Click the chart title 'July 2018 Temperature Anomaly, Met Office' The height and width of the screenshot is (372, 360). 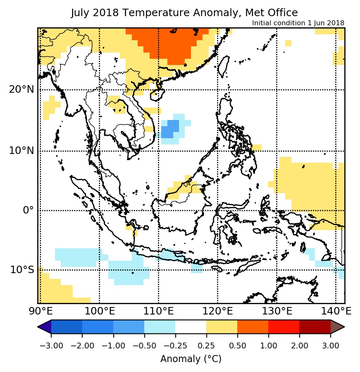pos(184,13)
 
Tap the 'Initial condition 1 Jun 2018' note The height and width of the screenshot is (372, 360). pos(298,23)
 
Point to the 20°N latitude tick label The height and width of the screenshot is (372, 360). pos(22,89)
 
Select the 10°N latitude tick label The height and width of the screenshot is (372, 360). pos(21,150)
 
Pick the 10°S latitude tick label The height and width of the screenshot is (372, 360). pos(22,270)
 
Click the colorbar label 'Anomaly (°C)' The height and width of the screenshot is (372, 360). pos(191,359)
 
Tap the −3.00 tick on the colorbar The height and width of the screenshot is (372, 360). pos(51,346)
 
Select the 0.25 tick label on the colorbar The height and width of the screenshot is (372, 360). pos(206,346)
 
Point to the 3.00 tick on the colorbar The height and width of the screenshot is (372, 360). pos(330,346)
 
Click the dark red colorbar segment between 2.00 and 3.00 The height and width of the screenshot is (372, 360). pos(315,327)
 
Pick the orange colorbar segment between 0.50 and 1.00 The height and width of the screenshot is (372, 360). pos(253,327)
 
